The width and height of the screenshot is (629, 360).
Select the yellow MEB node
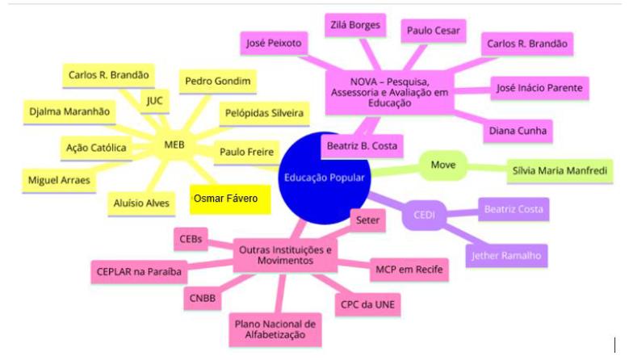[x=174, y=146]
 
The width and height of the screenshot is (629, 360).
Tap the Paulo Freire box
[x=247, y=150]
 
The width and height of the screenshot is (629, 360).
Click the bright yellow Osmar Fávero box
[x=230, y=199]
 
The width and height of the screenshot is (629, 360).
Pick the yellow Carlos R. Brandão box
[x=108, y=75]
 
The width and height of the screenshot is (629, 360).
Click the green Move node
[x=442, y=165]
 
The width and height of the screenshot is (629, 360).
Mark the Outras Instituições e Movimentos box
[x=286, y=256]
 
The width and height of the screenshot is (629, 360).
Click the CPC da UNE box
[x=367, y=305]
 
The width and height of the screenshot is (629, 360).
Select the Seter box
[x=367, y=218]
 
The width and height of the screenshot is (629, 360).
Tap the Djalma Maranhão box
[x=69, y=111]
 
